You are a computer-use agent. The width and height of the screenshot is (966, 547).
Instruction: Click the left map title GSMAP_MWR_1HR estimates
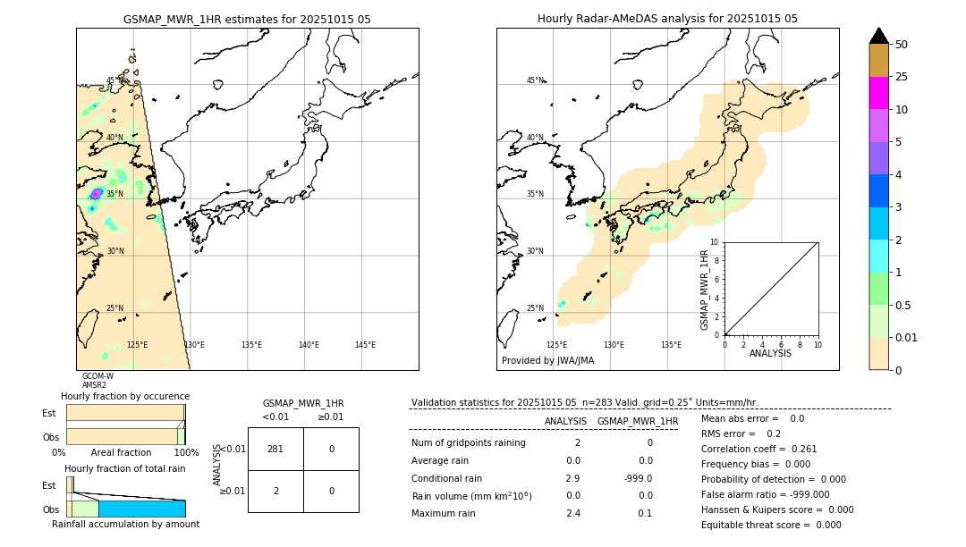click(247, 19)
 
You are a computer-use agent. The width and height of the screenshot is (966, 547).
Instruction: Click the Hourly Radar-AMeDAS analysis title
click(667, 19)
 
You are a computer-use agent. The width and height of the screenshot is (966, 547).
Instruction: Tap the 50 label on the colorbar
click(902, 45)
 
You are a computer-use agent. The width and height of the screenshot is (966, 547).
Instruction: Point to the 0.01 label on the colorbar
click(907, 337)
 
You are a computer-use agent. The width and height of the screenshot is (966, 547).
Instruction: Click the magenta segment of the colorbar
click(878, 93)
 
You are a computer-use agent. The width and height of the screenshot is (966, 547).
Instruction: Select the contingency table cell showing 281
click(275, 449)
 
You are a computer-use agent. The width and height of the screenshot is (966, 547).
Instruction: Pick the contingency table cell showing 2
click(275, 491)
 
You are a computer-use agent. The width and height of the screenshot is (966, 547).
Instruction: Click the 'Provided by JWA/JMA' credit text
click(547, 360)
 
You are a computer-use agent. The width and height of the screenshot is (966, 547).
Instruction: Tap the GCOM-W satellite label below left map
click(97, 376)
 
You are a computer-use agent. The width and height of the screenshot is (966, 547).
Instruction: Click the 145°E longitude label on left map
click(365, 345)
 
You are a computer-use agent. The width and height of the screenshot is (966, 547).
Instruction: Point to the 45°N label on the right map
click(535, 80)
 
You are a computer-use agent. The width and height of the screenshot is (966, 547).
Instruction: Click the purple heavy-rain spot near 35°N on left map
click(97, 193)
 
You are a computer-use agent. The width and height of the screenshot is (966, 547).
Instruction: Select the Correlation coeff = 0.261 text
click(758, 449)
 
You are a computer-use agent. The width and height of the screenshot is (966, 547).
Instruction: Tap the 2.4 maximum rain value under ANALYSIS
click(573, 513)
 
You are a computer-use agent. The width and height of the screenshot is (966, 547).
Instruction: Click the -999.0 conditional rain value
click(640, 478)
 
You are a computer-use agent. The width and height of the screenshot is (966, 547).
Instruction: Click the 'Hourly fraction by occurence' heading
click(125, 396)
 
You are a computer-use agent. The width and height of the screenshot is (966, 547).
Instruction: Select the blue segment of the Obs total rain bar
click(141, 509)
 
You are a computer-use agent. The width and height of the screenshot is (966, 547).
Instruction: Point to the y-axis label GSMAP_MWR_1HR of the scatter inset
click(705, 290)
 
